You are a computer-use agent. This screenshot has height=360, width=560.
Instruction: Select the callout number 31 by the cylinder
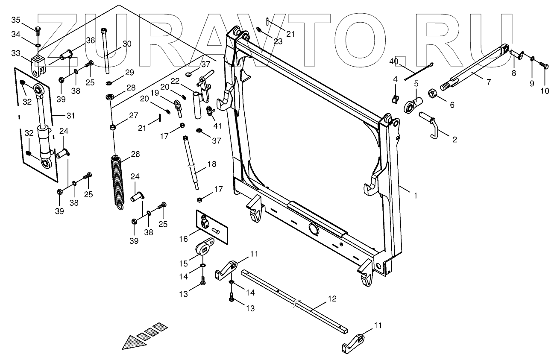[70, 116]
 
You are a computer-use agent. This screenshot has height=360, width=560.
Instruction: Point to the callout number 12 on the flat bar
[332, 299]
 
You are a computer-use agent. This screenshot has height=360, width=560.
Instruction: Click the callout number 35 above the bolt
[15, 20]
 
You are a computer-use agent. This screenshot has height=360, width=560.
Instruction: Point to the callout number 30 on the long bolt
[127, 44]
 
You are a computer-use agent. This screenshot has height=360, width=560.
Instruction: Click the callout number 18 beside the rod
[212, 164]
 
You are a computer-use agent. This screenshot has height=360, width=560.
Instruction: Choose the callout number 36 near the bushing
[90, 41]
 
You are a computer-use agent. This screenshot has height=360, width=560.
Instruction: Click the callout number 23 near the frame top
[278, 42]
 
